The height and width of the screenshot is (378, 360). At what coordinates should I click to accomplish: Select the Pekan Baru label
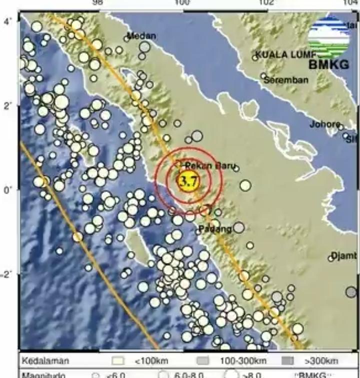pyautogui.click(x=205, y=165)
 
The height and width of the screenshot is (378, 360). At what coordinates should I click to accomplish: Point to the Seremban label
pyautogui.click(x=286, y=79)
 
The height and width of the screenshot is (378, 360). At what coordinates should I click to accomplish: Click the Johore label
pyautogui.click(x=325, y=124)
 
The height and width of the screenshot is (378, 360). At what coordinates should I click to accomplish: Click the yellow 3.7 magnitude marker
pyautogui.click(x=189, y=180)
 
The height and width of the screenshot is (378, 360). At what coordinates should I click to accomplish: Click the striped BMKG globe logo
pyautogui.click(x=328, y=38)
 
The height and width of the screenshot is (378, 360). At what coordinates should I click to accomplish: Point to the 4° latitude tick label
pyautogui.click(x=8, y=21)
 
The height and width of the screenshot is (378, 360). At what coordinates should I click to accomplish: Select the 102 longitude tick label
pyautogui.click(x=266, y=3)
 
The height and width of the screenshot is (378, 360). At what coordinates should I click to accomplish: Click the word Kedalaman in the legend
pyautogui.click(x=45, y=360)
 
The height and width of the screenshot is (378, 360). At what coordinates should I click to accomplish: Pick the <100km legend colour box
pyautogui.click(x=118, y=360)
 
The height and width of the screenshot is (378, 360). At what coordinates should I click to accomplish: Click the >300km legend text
pyautogui.click(x=321, y=360)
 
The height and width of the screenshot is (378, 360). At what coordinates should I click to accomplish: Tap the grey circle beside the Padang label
pyautogui.click(x=239, y=228)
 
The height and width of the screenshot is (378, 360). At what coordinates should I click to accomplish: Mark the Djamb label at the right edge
pyautogui.click(x=345, y=256)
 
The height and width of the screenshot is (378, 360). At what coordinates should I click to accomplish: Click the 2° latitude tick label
pyautogui.click(x=8, y=105)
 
